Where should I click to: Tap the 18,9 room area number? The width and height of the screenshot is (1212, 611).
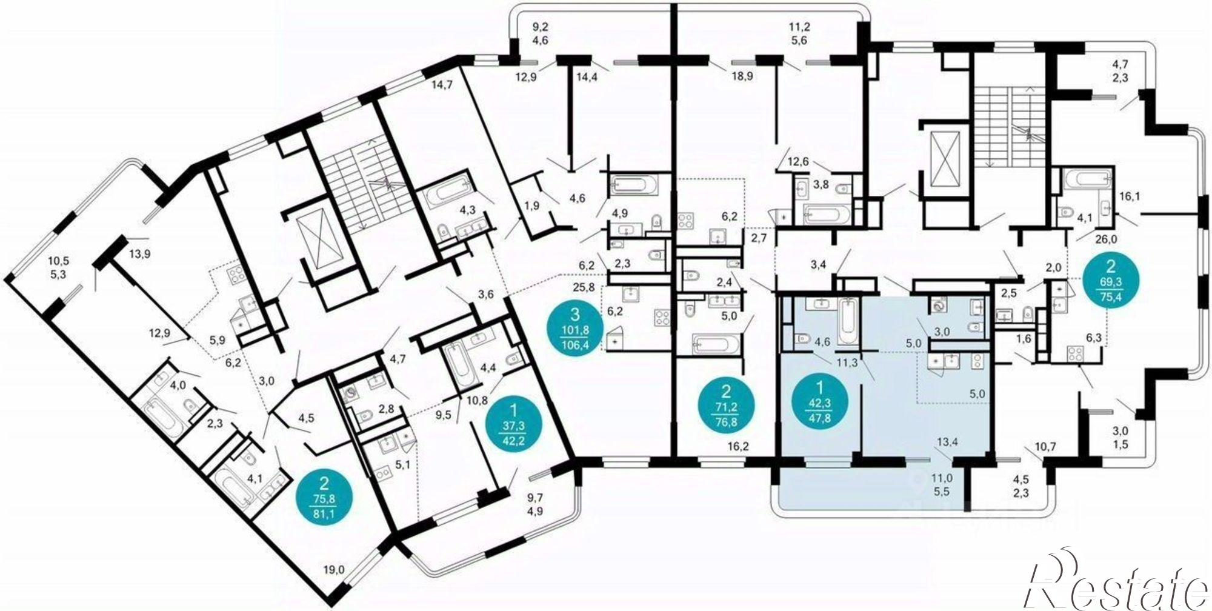click(x=742, y=76)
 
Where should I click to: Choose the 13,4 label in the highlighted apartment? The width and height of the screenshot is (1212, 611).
click(x=947, y=441)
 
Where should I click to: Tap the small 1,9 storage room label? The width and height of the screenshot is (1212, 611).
click(x=531, y=205)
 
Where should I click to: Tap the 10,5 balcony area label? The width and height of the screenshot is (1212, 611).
click(x=59, y=261)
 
